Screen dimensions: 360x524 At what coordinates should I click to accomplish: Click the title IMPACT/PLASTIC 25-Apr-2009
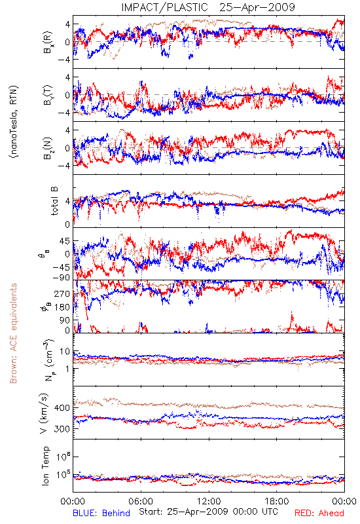[208, 7]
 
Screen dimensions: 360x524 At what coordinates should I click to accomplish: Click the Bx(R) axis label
[48, 42]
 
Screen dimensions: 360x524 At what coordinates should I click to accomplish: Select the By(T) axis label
[48, 95]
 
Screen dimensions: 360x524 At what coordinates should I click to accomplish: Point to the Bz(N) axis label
[48, 148]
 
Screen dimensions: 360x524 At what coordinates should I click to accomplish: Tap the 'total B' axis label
[54, 201]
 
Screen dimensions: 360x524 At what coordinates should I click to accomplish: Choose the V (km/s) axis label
[45, 413]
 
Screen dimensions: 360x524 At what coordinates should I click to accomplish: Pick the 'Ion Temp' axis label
[45, 466]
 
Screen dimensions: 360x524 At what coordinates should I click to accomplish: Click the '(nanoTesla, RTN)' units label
[14, 122]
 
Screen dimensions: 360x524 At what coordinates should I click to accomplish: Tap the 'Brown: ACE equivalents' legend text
[13, 333]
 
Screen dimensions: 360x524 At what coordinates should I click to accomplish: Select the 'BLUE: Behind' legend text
[101, 513]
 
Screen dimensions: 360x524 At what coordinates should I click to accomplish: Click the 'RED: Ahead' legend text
[319, 513]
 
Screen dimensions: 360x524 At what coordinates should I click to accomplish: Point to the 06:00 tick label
[141, 501]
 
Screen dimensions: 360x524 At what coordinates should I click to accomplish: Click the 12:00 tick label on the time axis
[209, 501]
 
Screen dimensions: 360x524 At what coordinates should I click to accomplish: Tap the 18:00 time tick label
[276, 501]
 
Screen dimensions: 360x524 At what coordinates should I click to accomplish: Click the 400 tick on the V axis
[62, 407]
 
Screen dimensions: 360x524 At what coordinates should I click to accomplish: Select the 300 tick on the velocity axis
[62, 429]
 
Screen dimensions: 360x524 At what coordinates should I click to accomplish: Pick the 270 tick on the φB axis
[62, 293]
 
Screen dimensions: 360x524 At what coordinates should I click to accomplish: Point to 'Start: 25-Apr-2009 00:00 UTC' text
[208, 512]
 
